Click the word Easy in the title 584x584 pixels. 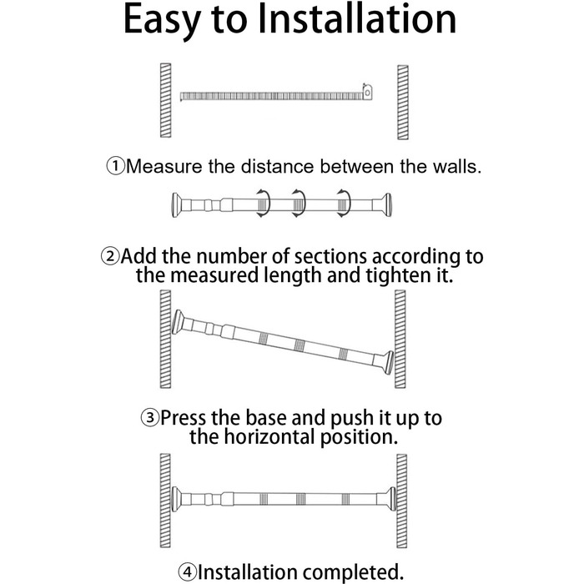click(162, 21)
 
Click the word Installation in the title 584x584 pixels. click(357, 18)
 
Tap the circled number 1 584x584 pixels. click(115, 166)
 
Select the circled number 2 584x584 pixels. click(110, 256)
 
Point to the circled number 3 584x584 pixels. click(149, 417)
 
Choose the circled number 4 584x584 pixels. click(187, 571)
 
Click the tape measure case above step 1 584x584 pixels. click(368, 91)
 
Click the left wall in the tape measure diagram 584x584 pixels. click(166, 100)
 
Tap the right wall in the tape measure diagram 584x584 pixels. click(403, 103)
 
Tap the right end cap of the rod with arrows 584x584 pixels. click(386, 205)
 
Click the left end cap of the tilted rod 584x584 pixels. click(177, 321)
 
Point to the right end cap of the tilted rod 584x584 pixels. click(388, 363)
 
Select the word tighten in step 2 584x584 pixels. click(396, 275)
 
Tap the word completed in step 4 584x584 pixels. click(353, 572)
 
